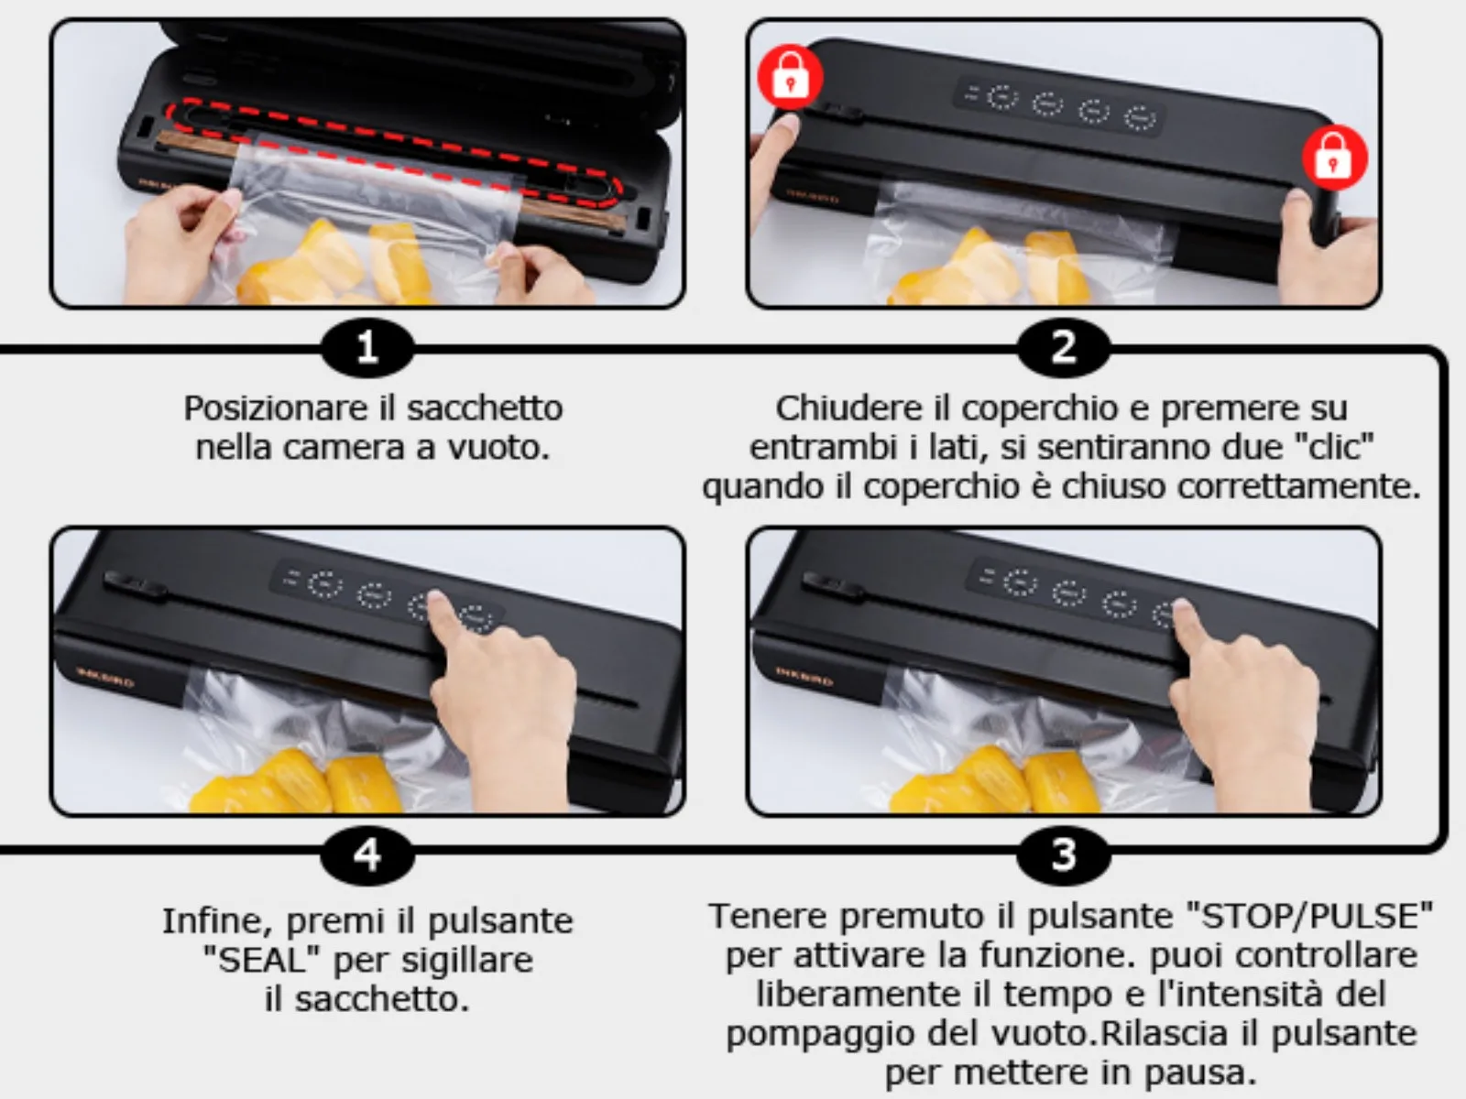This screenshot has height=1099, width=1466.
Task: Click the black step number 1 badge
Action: (x=367, y=348)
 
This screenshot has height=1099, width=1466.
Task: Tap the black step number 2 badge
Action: (x=1064, y=348)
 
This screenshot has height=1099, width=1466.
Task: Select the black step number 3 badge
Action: (x=1064, y=854)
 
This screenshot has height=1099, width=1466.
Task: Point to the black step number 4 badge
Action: (x=367, y=854)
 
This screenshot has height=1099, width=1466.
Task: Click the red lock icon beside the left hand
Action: (x=790, y=78)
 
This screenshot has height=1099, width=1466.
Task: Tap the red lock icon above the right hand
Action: (x=1335, y=158)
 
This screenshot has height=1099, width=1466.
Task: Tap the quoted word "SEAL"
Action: (x=262, y=960)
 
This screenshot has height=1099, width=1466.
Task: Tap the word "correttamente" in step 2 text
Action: (x=1298, y=485)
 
